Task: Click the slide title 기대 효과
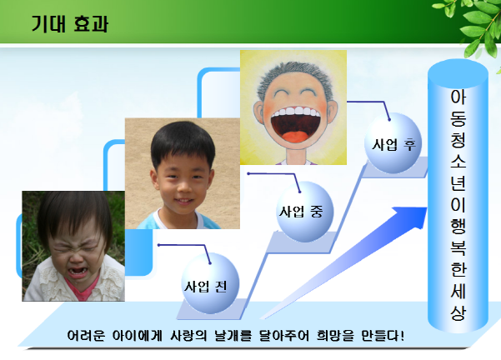[70, 23]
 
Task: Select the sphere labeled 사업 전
[210, 283]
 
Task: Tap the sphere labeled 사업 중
[304, 212]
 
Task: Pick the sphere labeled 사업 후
[393, 142]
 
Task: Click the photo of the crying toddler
[73, 246]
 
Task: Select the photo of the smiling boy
[182, 173]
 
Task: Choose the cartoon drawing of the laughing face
[293, 107]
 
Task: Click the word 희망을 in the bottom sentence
[335, 336]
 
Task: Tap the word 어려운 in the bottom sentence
[86, 336]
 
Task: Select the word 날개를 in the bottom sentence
[233, 336]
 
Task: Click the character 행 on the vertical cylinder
[458, 226]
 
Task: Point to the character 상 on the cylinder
[458, 312]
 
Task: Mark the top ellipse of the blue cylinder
[458, 73]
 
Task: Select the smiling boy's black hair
[183, 142]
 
